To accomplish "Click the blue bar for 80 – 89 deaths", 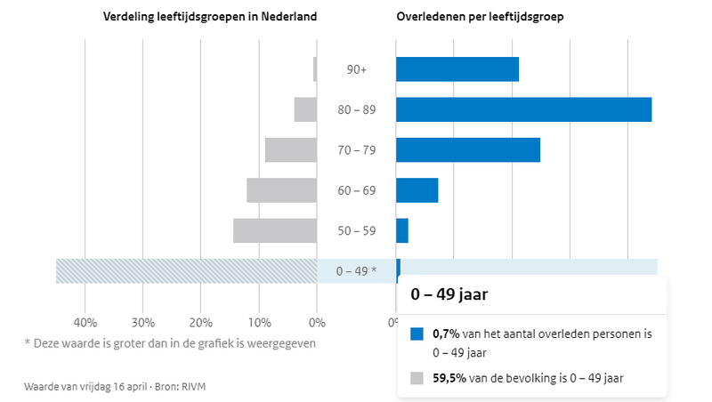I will tap(523, 109).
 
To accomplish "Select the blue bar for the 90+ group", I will tap(457, 69).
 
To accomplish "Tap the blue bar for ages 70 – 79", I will tap(468, 150).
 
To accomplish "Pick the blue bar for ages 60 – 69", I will tap(417, 190).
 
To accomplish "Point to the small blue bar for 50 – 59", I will tap(402, 230).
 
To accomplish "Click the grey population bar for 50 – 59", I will tap(275, 230).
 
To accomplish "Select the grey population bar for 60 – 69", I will tap(281, 190).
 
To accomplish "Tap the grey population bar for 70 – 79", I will tap(291, 150).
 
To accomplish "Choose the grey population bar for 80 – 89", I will tap(305, 109).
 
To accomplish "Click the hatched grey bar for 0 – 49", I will tap(186, 270).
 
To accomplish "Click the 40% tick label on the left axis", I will tap(85, 321).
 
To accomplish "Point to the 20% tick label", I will tap(200, 321).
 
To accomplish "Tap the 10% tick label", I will tap(258, 321).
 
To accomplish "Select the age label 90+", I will tap(356, 69).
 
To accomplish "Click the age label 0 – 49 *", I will tap(356, 270).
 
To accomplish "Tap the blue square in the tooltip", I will tap(417, 335).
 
